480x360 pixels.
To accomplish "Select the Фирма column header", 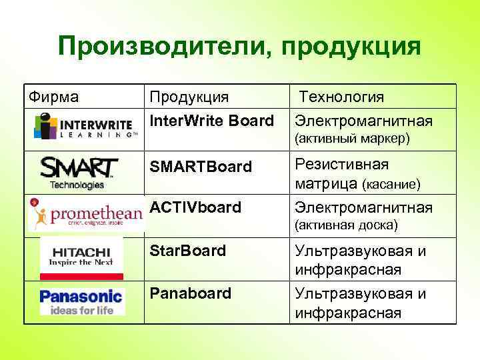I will click(53, 97).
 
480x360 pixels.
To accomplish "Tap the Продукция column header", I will click(189, 97).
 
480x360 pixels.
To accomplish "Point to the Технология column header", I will click(341, 97).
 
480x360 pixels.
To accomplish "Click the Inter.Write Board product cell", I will click(212, 121).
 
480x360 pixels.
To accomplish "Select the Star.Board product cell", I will click(188, 252).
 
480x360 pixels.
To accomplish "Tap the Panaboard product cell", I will click(191, 293).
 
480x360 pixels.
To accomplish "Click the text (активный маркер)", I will click(353, 139).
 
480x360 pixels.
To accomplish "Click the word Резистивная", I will click(342, 164).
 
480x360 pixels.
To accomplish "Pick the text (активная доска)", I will click(346, 225).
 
